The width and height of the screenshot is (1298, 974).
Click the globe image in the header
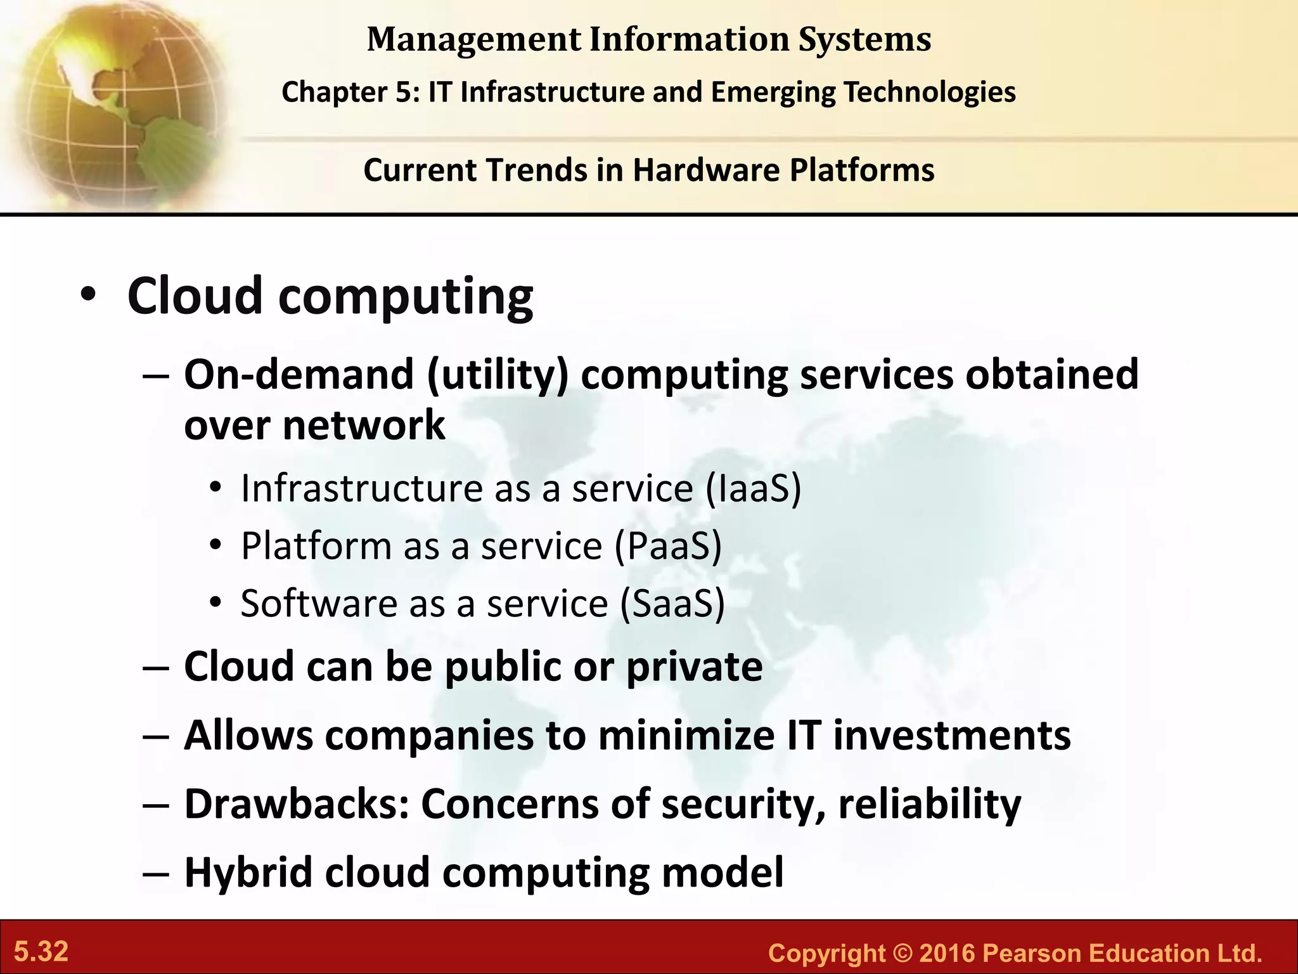click(114, 105)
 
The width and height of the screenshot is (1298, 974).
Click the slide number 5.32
click(41, 952)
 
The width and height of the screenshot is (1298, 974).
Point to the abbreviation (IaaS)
click(753, 489)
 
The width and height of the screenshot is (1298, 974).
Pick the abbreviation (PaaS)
click(669, 546)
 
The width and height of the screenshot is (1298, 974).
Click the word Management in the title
click(473, 39)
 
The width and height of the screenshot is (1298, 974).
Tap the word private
click(694, 666)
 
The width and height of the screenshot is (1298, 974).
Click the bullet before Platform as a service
click(216, 546)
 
